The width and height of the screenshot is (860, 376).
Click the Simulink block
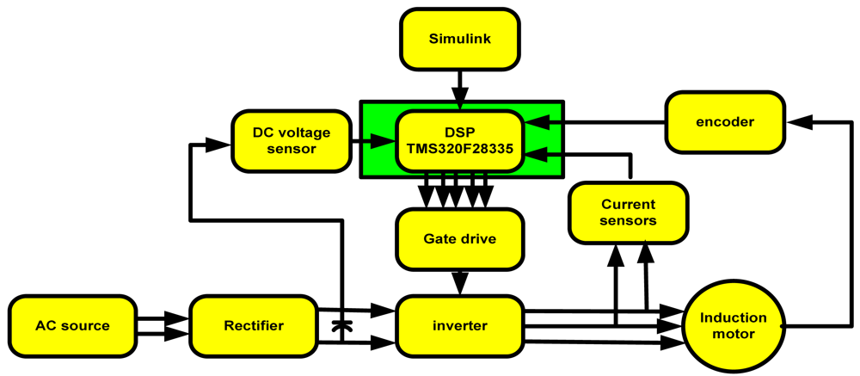pos(460,40)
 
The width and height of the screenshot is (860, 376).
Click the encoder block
pos(726,121)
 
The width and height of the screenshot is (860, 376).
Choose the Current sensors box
pos(628,213)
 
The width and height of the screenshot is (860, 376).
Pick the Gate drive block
pos(459,238)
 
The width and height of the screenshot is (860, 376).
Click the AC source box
pos(72,326)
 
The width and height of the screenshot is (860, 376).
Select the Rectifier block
pos(254,326)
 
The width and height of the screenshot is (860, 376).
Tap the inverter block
pos(459,326)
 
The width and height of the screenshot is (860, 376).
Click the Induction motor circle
pos(732,326)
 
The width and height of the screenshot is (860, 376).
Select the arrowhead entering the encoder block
pos(798,122)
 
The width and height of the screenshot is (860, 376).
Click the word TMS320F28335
pos(459,148)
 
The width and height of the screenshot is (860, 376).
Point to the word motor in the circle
pos(732,335)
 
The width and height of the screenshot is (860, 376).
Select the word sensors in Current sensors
pos(628,221)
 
